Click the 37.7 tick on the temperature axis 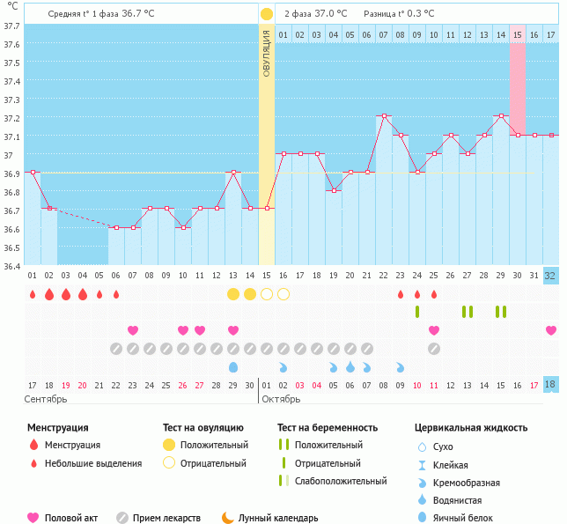(11, 26)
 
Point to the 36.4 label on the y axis (11, 265)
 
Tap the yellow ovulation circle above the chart (267, 14)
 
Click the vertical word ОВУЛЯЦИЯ (267, 53)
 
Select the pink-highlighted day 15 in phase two (518, 34)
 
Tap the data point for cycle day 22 (384, 116)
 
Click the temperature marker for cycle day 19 (334, 190)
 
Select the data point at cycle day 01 (33, 172)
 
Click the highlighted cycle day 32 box (550, 276)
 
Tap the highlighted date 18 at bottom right (550, 385)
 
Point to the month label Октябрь (283, 399)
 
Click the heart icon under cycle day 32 (551, 330)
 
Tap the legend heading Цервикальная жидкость (471, 427)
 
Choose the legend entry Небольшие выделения (92, 463)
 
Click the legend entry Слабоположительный (341, 481)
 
